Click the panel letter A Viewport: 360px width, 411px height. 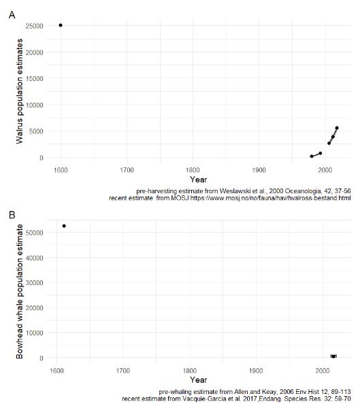tap(12, 14)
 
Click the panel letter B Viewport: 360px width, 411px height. tap(12, 197)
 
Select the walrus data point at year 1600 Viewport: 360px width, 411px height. tap(61, 25)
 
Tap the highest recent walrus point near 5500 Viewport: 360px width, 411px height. tap(336, 128)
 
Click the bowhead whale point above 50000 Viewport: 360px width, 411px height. tap(64, 207)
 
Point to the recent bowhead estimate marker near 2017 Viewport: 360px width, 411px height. tap(333, 356)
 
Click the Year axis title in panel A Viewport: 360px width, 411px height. tap(199, 179)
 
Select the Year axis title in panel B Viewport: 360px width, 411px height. tap(199, 380)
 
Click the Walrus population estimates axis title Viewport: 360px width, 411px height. tap(20, 91)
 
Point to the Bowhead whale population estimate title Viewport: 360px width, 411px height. tap(20, 290)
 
